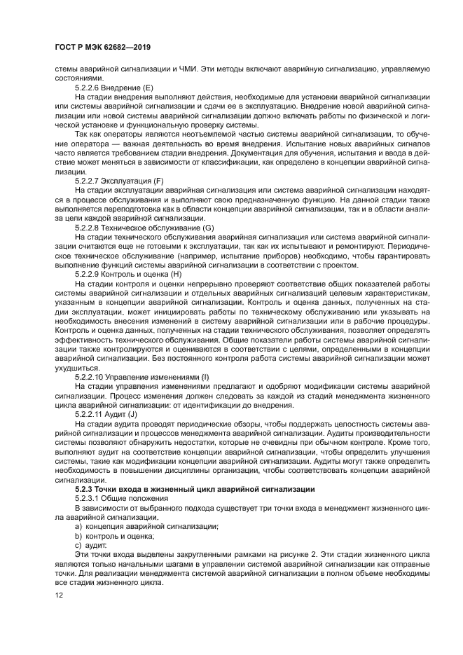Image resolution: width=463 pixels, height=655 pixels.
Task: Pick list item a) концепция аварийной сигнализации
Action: [146, 526]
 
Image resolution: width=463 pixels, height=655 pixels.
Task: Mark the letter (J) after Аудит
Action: [132, 414]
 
